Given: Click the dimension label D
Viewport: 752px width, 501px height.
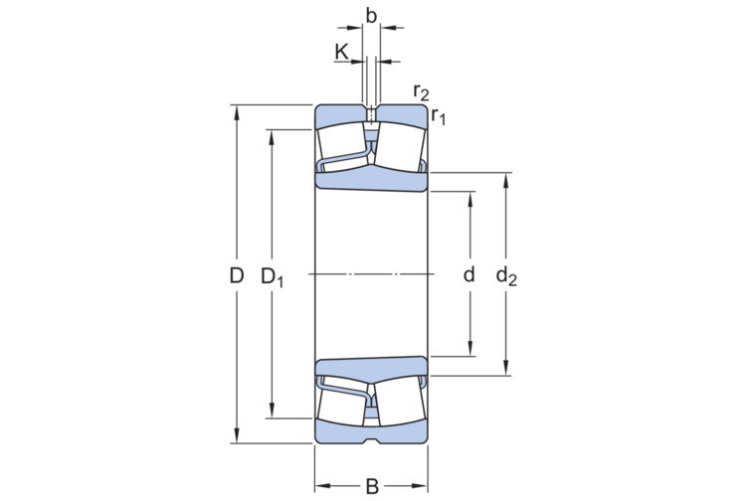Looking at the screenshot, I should (236, 275).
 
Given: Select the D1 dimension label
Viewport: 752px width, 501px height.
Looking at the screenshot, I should (272, 277).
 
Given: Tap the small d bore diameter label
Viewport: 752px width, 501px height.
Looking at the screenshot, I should (470, 274).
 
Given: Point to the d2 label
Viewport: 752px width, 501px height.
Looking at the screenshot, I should (506, 277).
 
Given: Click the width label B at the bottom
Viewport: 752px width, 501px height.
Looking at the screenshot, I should (371, 486).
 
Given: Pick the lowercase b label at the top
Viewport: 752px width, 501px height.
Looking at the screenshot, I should (371, 16).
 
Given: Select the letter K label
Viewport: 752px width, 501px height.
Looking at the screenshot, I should (342, 51).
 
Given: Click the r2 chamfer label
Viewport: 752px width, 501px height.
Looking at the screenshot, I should (421, 92).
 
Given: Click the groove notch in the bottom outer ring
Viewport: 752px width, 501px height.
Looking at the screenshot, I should (371, 439).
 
